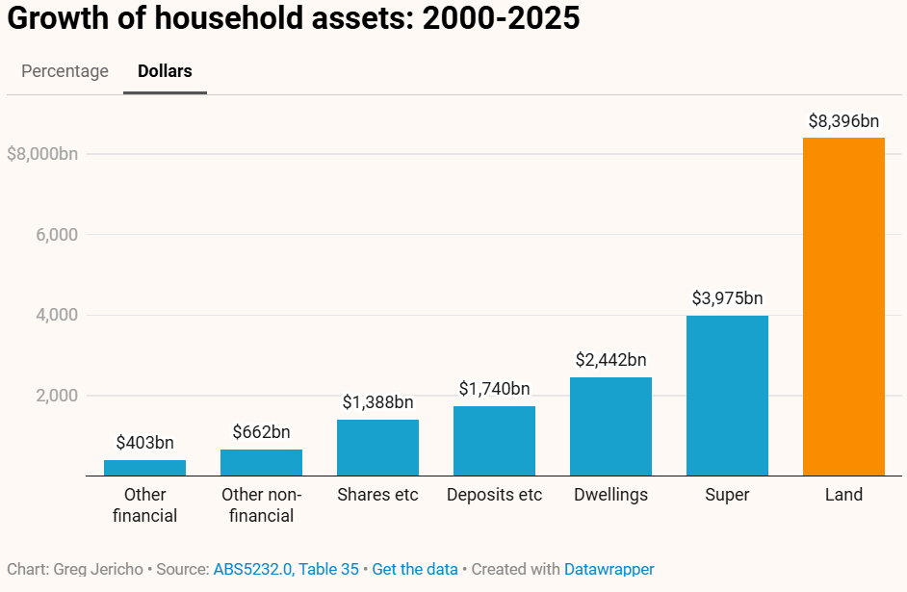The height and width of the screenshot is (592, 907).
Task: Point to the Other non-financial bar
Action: coord(261,462)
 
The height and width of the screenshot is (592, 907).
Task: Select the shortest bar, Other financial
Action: coord(144,468)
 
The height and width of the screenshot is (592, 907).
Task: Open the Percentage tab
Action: coord(65,71)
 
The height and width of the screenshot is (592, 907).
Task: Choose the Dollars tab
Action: coord(165,71)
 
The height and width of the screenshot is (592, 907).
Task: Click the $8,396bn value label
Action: coord(843,121)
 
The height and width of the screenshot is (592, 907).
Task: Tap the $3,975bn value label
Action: coord(727,298)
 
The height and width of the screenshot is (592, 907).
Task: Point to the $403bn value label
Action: coord(144,443)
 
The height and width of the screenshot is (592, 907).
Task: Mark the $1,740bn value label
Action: coord(494,389)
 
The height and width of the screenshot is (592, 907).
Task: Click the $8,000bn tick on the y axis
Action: coord(42,154)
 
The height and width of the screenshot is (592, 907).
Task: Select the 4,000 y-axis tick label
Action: coord(57,315)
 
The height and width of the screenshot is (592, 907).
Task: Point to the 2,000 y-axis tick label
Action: coord(57,396)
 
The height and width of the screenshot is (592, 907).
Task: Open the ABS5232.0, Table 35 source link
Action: coord(285,569)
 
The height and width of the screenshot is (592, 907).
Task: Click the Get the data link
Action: coord(414,569)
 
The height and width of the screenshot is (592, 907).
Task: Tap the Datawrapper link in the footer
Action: coord(609,569)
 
